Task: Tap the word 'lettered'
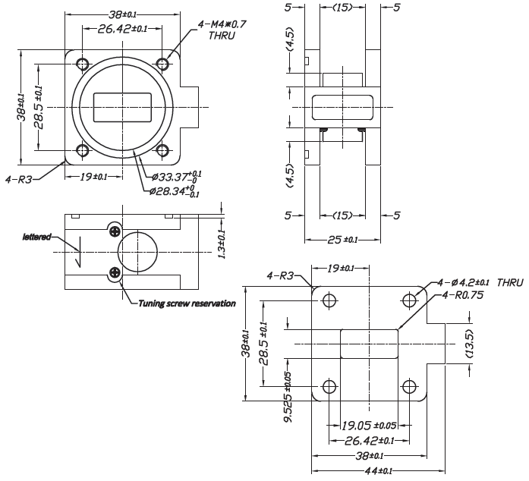(x=36, y=237)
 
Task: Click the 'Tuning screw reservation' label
(x=186, y=303)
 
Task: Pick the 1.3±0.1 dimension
(x=222, y=244)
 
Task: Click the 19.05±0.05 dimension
(x=369, y=426)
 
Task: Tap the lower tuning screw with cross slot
(x=115, y=273)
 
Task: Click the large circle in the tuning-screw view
(x=139, y=251)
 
